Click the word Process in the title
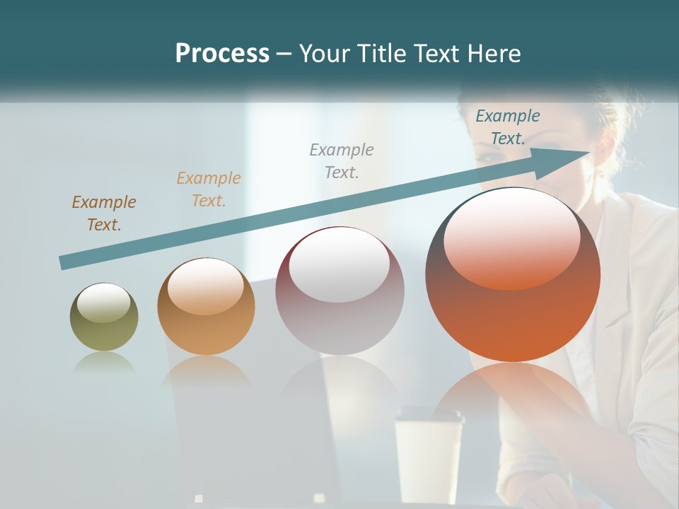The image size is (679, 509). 222,54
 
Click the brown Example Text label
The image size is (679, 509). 104,213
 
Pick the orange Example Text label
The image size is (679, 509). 209,189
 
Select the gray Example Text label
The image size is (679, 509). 342,160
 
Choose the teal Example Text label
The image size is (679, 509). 508,127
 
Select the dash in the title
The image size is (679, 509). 284,54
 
